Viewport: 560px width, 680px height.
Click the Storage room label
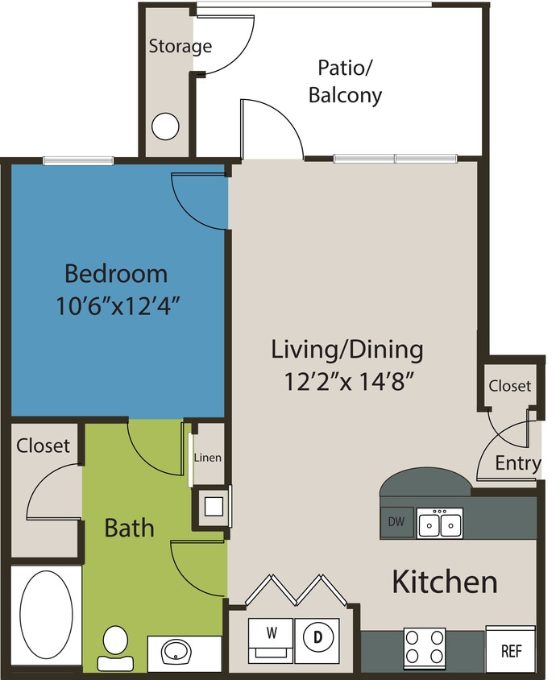click(180, 46)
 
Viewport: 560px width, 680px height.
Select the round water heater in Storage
click(165, 126)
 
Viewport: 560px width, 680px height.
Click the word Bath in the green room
click(130, 528)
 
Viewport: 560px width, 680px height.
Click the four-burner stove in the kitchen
click(424, 647)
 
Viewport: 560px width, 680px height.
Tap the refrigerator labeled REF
click(511, 649)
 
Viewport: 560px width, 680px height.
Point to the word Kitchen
click(444, 581)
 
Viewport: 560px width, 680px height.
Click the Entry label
click(517, 463)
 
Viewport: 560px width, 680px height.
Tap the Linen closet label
click(208, 458)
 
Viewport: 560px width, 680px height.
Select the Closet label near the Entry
click(509, 386)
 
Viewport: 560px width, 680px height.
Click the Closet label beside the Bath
click(44, 445)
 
